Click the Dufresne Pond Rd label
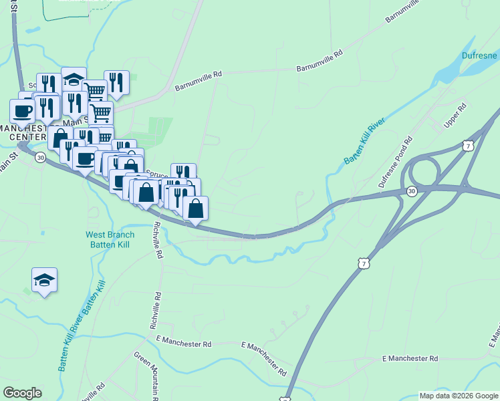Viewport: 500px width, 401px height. click(x=396, y=162)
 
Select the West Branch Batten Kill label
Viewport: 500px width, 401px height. click(x=110, y=239)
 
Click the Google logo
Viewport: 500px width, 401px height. click(x=22, y=393)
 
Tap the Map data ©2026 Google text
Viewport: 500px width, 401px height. click(x=459, y=396)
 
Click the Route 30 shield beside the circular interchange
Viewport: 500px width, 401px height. click(x=411, y=191)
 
